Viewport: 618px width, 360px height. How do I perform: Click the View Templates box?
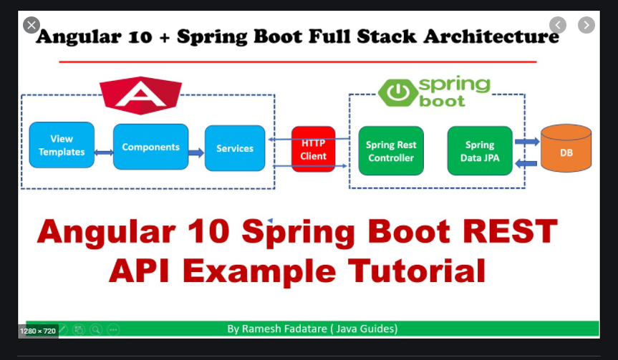[x=62, y=145]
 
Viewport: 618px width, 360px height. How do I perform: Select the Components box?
[x=150, y=147]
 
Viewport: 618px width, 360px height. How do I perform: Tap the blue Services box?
[x=235, y=148]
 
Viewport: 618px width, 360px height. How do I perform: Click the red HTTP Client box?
[x=314, y=149]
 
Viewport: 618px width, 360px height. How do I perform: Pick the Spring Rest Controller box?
[x=391, y=151]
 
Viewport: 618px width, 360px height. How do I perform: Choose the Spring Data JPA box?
[x=480, y=151]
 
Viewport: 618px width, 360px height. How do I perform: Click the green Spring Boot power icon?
[x=394, y=92]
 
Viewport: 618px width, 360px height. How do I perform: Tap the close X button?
[x=31, y=25]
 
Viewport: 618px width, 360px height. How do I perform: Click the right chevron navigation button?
[x=586, y=25]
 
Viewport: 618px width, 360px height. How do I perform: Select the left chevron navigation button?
[x=558, y=25]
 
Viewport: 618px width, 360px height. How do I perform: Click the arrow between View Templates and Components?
[x=104, y=152]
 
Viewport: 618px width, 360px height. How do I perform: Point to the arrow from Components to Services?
[x=196, y=152]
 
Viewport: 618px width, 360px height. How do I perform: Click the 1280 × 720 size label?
[x=38, y=331]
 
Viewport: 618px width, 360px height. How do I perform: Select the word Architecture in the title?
[x=488, y=36]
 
